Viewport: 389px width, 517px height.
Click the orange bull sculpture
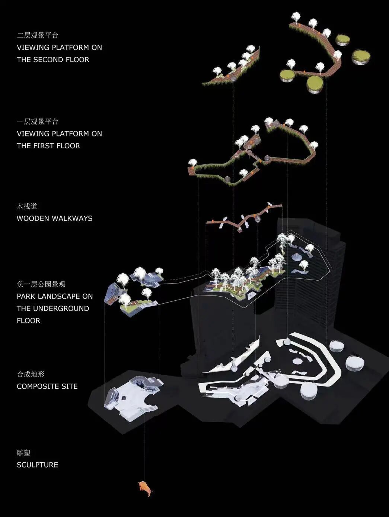click(146, 488)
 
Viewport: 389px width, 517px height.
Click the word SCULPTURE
click(37, 465)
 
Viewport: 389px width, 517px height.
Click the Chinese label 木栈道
click(27, 206)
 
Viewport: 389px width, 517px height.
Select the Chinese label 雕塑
click(23, 453)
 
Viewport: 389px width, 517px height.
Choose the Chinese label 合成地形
click(31, 374)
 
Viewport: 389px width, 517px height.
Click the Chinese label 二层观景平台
click(38, 36)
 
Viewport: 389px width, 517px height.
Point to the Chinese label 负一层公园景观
click(41, 284)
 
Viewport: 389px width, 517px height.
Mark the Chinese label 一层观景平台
click(38, 122)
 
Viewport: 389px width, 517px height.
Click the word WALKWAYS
click(73, 219)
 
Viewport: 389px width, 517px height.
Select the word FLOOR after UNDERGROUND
click(28, 321)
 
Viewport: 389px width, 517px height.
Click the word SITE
click(70, 387)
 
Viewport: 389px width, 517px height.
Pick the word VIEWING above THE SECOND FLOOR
click(33, 48)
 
